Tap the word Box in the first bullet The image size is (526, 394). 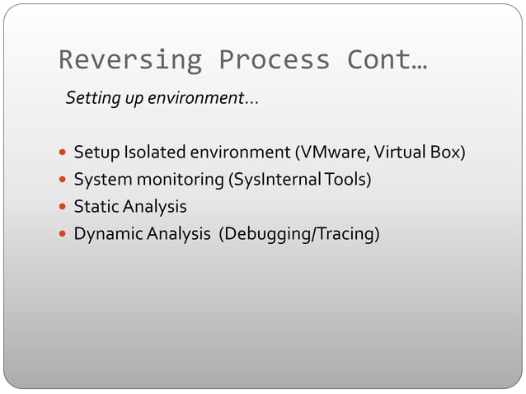(x=446, y=152)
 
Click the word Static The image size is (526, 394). (x=96, y=207)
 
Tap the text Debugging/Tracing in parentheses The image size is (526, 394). (x=299, y=235)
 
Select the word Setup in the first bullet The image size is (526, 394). (x=96, y=153)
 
